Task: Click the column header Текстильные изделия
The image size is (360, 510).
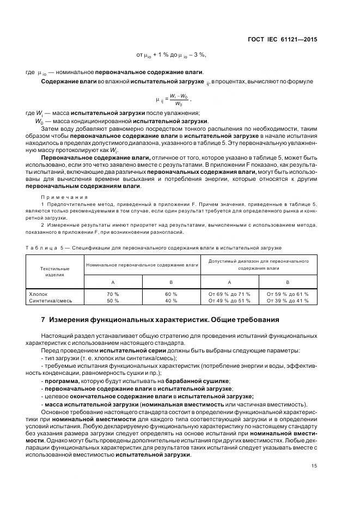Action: pos(54,271)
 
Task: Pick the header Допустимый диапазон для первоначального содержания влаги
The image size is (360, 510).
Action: pos(258,264)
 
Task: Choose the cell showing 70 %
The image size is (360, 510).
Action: pos(112,293)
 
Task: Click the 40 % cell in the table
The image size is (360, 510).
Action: pos(171,300)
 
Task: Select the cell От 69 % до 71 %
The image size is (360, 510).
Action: pos(229,293)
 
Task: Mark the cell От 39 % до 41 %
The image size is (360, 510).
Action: pos(288,300)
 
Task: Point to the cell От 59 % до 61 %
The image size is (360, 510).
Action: pos(288,293)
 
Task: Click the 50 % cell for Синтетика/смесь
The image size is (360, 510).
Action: pos(112,300)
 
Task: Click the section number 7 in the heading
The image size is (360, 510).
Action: pos(43,319)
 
